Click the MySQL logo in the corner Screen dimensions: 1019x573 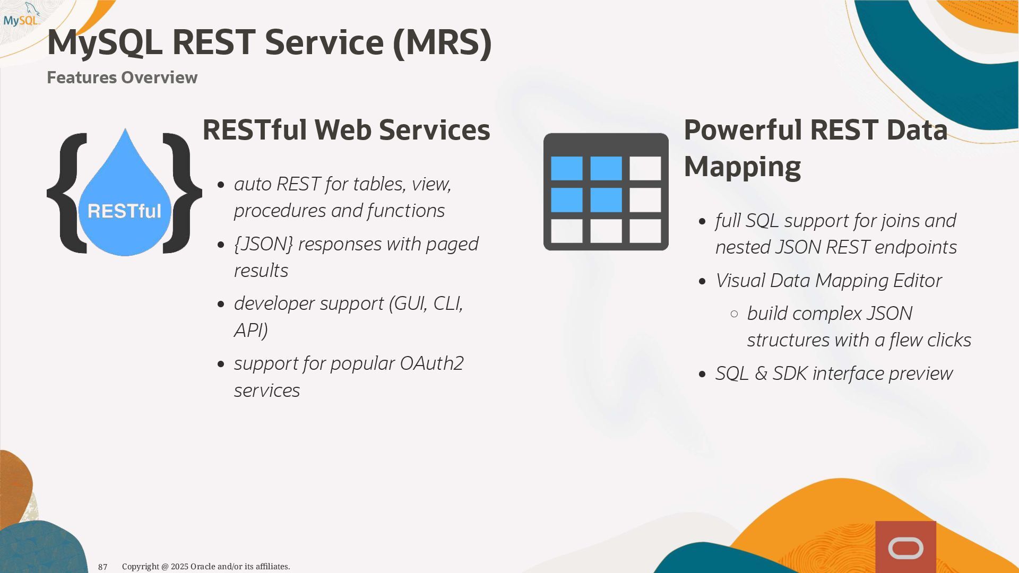pyautogui.click(x=21, y=15)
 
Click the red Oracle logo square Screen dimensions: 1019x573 pyautogui.click(x=905, y=547)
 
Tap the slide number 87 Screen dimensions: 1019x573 pyautogui.click(x=102, y=567)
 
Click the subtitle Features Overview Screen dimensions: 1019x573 pyautogui.click(x=122, y=77)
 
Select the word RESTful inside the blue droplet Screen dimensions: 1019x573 pyautogui.click(x=124, y=211)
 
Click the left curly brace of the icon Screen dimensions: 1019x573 pyautogui.click(x=67, y=193)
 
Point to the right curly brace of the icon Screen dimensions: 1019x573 pyautogui.click(x=182, y=193)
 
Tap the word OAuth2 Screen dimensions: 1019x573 pyautogui.click(x=431, y=363)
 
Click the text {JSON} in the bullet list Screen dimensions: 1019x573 pyautogui.click(x=263, y=244)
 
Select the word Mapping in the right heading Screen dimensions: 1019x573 pyautogui.click(x=742, y=167)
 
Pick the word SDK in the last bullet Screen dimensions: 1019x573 pyautogui.click(x=790, y=374)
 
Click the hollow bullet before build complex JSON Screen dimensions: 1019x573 pyautogui.click(x=735, y=314)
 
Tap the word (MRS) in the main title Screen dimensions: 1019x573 pyautogui.click(x=442, y=42)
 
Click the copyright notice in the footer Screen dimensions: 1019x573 pyautogui.click(x=206, y=567)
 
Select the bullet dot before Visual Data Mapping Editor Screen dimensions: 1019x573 pyautogui.click(x=703, y=281)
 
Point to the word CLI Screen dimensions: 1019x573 pyautogui.click(x=448, y=303)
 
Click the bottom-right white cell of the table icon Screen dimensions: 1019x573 pyautogui.click(x=645, y=231)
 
